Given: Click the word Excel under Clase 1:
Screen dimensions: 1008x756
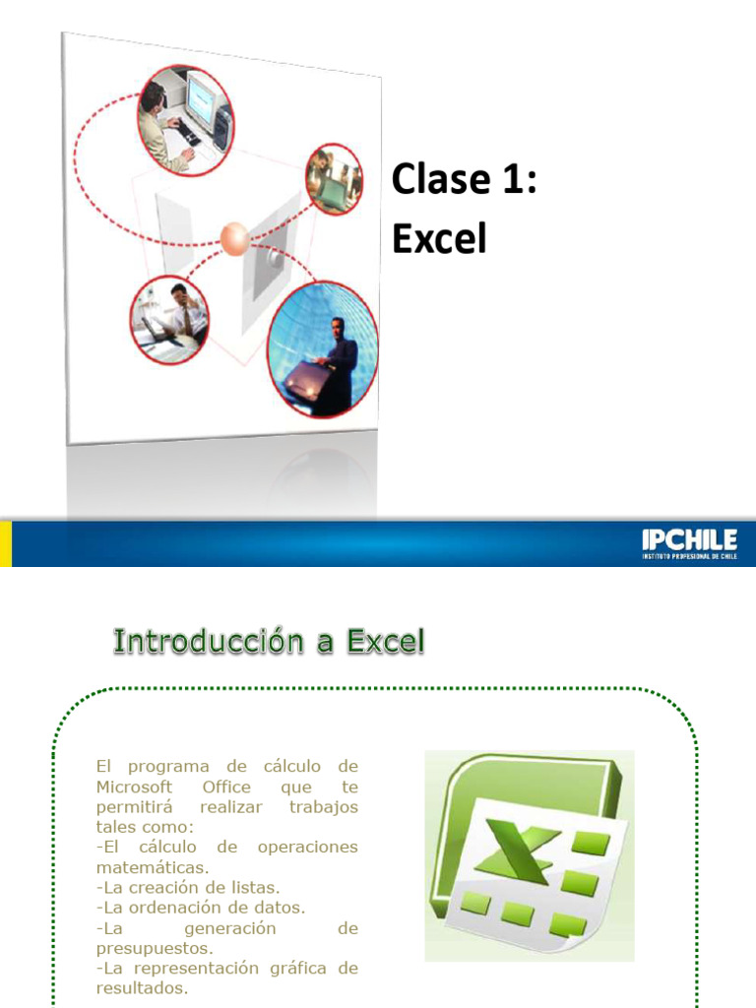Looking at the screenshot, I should [439, 237].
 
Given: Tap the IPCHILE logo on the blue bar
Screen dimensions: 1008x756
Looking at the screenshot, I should [689, 543].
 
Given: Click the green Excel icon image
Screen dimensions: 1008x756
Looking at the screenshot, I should [529, 855].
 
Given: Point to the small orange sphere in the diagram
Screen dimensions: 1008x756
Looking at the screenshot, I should [235, 237].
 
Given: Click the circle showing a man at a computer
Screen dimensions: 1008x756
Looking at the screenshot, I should [184, 119].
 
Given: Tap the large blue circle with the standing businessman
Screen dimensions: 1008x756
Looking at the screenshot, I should [323, 350].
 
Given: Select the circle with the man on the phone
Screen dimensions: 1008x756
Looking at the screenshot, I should [169, 319].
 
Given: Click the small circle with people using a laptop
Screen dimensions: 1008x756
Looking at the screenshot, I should [334, 179].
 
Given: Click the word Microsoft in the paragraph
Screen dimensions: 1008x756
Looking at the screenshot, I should [135, 787].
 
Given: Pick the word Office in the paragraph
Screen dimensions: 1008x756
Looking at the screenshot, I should [226, 787].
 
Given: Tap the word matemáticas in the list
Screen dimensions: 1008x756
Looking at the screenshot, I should [152, 867].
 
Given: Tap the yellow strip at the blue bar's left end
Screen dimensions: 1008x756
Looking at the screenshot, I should [5, 543].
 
